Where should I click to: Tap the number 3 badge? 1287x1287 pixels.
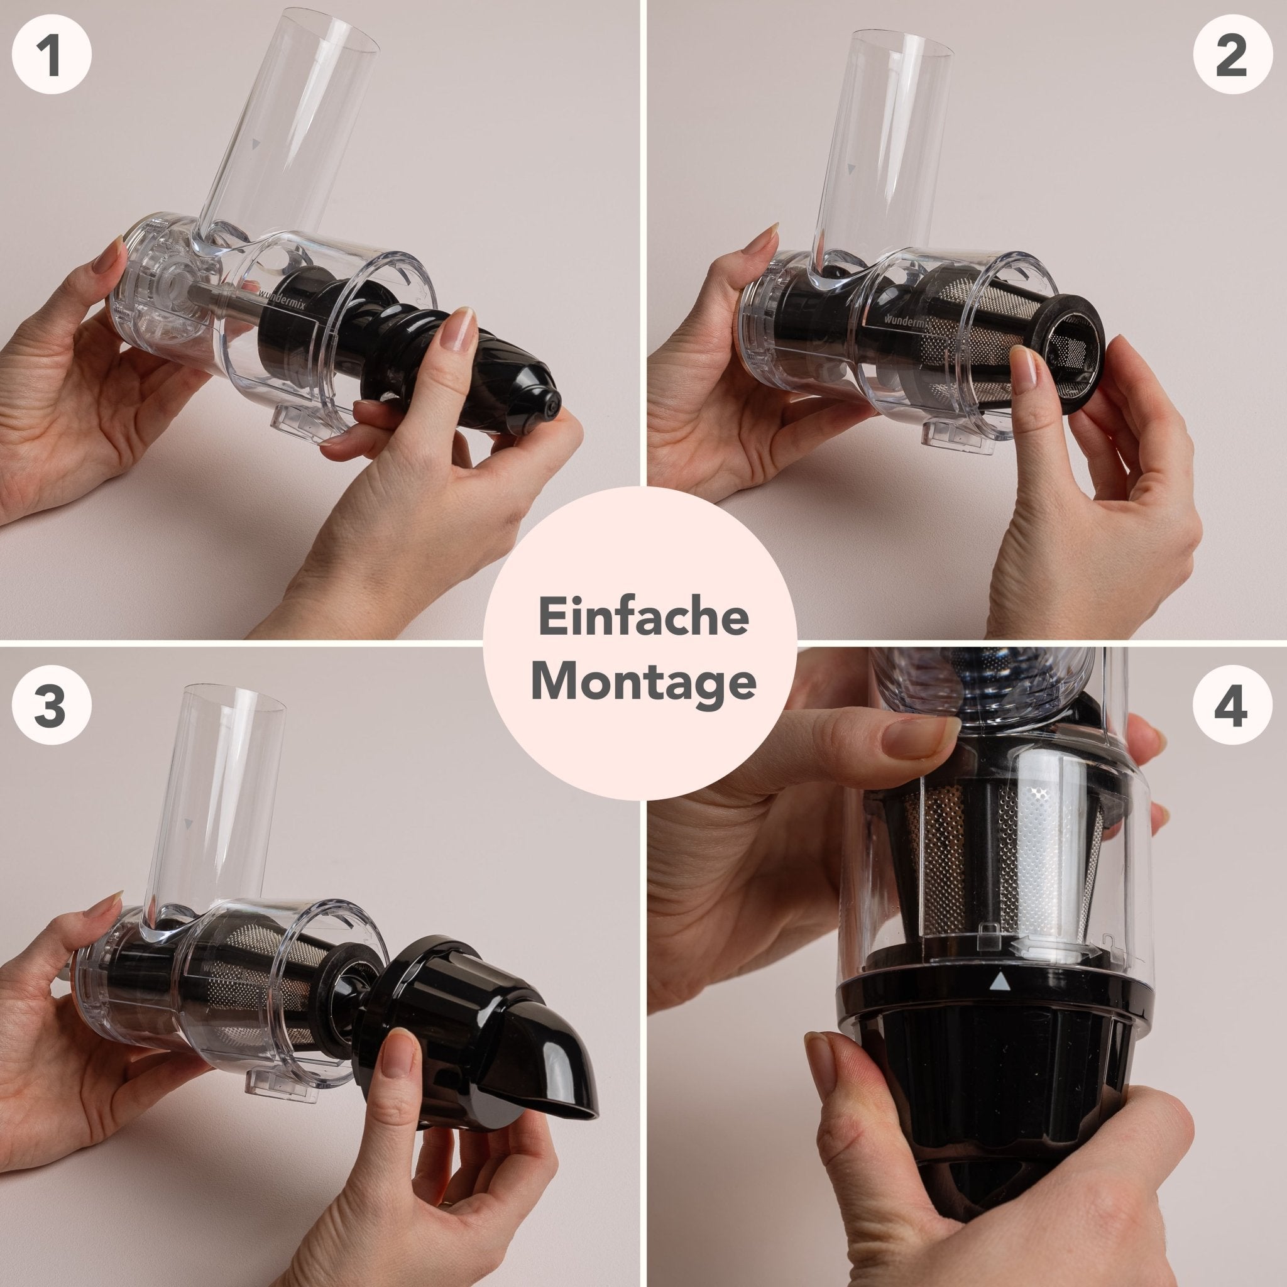click(x=52, y=707)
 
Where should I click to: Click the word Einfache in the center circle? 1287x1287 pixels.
click(x=643, y=618)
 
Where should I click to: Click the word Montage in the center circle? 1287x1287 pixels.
click(x=643, y=681)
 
